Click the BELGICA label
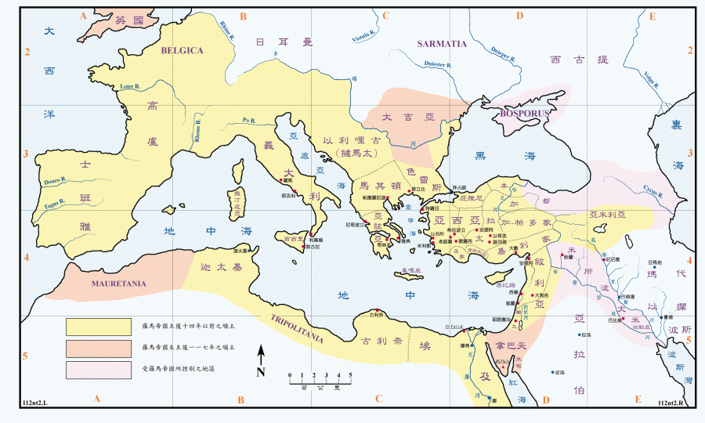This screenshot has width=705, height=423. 182,50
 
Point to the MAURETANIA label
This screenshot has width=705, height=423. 119,283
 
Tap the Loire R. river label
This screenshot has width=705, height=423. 128,85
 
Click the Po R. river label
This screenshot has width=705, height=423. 249,121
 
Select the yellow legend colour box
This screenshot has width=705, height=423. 98,325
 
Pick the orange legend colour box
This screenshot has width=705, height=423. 98,347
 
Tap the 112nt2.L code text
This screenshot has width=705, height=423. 34,403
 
